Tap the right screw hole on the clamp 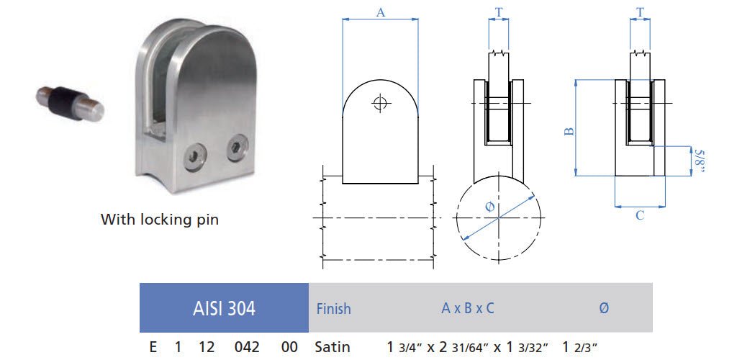click(x=235, y=149)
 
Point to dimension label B click(x=568, y=131)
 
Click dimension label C click(x=639, y=215)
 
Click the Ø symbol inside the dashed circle click(x=490, y=207)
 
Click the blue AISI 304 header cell click(x=224, y=308)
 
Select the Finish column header click(x=334, y=309)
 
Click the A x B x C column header click(x=468, y=308)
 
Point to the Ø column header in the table click(x=603, y=308)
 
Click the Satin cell click(x=333, y=347)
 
